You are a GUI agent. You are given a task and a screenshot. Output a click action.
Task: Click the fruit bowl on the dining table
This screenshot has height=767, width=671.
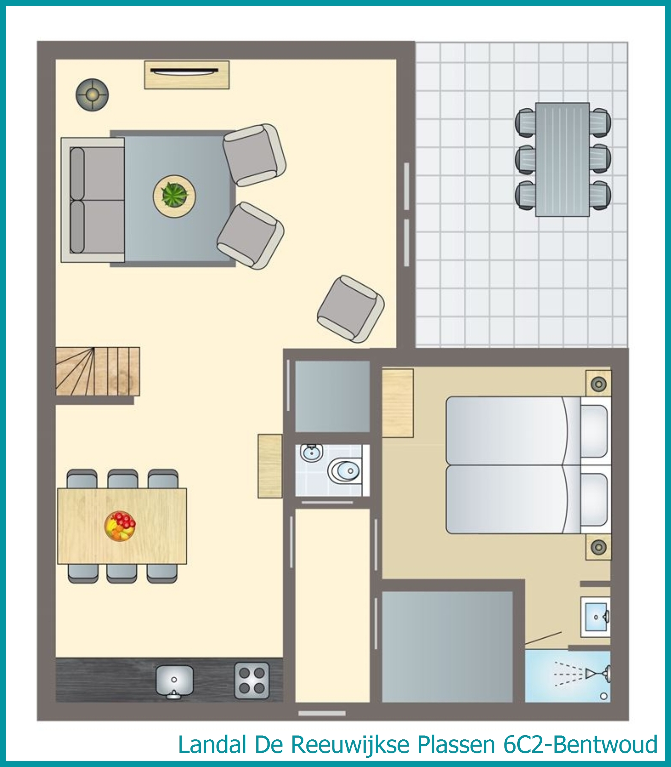pos(120,526)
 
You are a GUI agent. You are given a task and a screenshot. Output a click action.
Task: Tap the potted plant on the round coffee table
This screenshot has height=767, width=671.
pos(174,195)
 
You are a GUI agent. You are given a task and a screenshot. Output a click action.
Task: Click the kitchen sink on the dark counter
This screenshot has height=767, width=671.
pos(174,682)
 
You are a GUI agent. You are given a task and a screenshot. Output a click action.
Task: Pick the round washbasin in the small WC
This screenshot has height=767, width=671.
pos(311,453)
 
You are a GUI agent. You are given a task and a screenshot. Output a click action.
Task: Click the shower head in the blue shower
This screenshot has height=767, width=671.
pos(599,674)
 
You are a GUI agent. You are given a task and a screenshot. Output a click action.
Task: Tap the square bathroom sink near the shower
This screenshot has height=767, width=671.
pos(596,617)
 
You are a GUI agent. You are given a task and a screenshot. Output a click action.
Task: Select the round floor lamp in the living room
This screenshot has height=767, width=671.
pos(92,95)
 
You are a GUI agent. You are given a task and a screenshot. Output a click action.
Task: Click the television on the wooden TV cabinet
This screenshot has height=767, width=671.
pos(184,70)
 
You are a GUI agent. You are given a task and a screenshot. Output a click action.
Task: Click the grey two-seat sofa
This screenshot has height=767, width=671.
pos(93,200)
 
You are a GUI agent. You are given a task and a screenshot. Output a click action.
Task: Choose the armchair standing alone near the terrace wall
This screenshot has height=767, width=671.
pos(350,309)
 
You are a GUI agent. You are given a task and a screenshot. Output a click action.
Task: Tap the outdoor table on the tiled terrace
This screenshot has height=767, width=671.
pos(563,159)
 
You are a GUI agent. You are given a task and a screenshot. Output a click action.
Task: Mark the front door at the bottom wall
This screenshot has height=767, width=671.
pos(322,713)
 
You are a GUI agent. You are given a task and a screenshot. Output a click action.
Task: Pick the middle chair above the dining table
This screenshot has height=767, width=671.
pos(123,479)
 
